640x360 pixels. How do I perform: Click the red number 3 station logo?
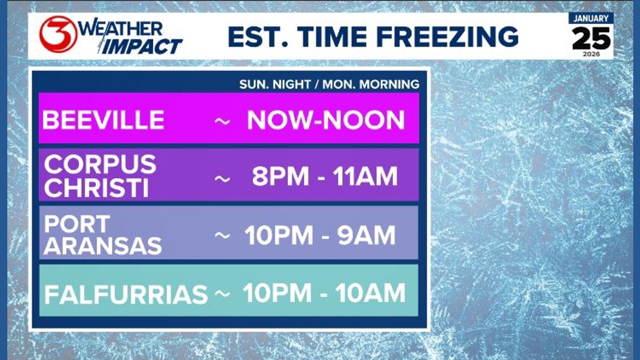click(58, 34)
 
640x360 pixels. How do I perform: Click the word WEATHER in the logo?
click(121, 28)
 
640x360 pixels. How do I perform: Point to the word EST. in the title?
click(258, 37)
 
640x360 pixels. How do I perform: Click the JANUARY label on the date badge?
click(591, 19)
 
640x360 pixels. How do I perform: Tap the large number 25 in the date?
click(591, 39)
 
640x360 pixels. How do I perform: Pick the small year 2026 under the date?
click(591, 54)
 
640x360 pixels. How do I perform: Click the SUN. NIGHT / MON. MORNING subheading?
click(329, 84)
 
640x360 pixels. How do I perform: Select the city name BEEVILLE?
click(103, 120)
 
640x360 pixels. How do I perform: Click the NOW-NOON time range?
click(326, 120)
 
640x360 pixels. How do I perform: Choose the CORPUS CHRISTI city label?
click(100, 176)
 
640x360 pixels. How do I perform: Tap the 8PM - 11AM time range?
click(325, 176)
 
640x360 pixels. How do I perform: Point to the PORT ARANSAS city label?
click(102, 235)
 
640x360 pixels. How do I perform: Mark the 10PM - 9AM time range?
click(321, 235)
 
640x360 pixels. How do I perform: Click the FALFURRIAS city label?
click(126, 295)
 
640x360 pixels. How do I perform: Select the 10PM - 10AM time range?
click(324, 293)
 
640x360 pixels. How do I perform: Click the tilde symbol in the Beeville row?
click(222, 121)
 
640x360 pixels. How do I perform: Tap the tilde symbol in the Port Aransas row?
click(222, 235)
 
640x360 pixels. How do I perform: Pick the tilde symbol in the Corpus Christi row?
click(222, 179)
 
